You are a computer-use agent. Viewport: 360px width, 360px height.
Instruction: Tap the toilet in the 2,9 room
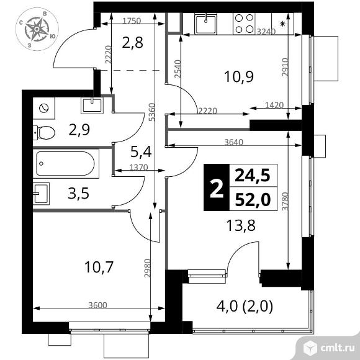[45, 132]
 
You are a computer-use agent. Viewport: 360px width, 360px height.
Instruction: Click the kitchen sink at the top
[204, 25]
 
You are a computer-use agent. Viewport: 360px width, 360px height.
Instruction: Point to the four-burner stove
[245, 25]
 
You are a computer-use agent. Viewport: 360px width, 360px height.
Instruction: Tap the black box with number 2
[215, 188]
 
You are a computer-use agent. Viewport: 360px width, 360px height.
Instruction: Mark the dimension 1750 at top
[131, 20]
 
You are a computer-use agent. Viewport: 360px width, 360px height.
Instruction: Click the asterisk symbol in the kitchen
[283, 24]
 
